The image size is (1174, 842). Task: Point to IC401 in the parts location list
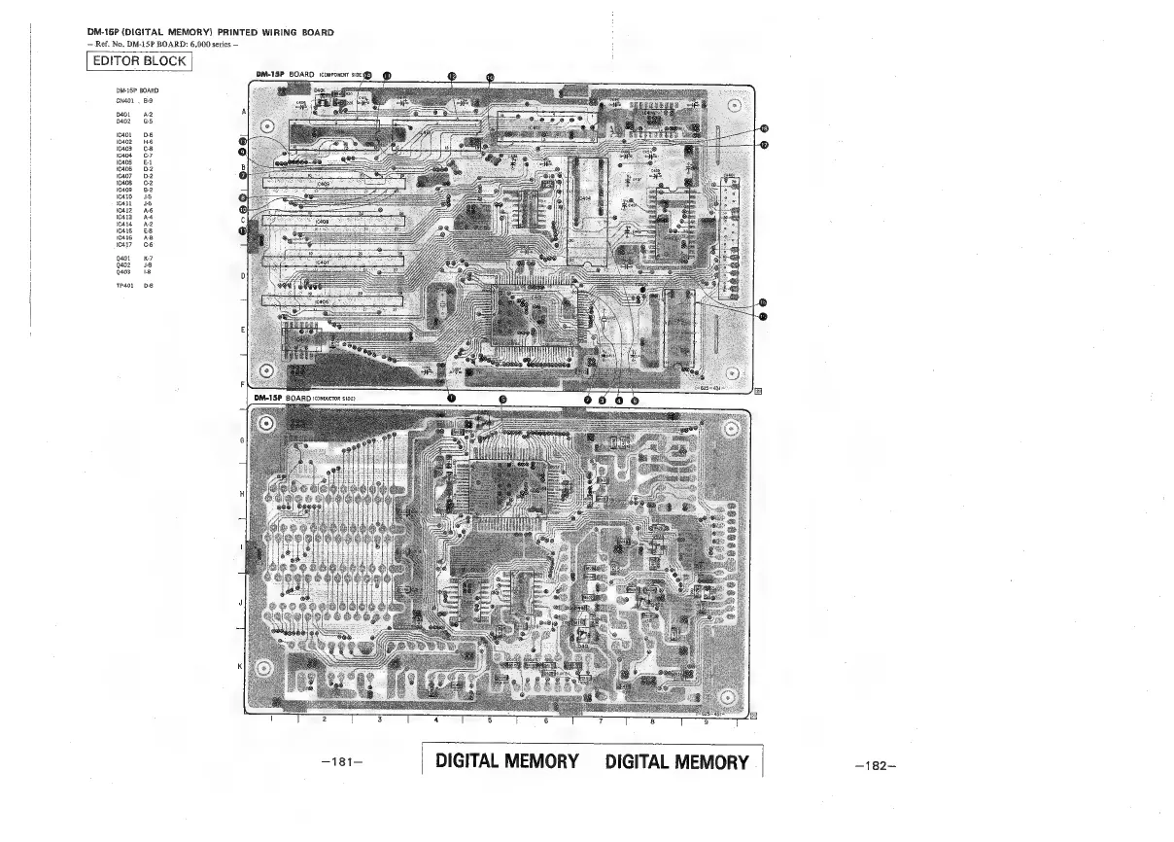123,135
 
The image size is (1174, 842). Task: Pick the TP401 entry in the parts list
123,286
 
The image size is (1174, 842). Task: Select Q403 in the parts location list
123,272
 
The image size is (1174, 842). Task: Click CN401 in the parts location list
123,100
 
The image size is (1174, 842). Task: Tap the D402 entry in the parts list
123,121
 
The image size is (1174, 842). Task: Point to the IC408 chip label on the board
322,222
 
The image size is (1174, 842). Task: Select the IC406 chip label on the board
322,301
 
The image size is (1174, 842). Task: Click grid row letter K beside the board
241,666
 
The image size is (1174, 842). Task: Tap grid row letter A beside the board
242,112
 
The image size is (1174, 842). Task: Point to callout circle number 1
449,398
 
